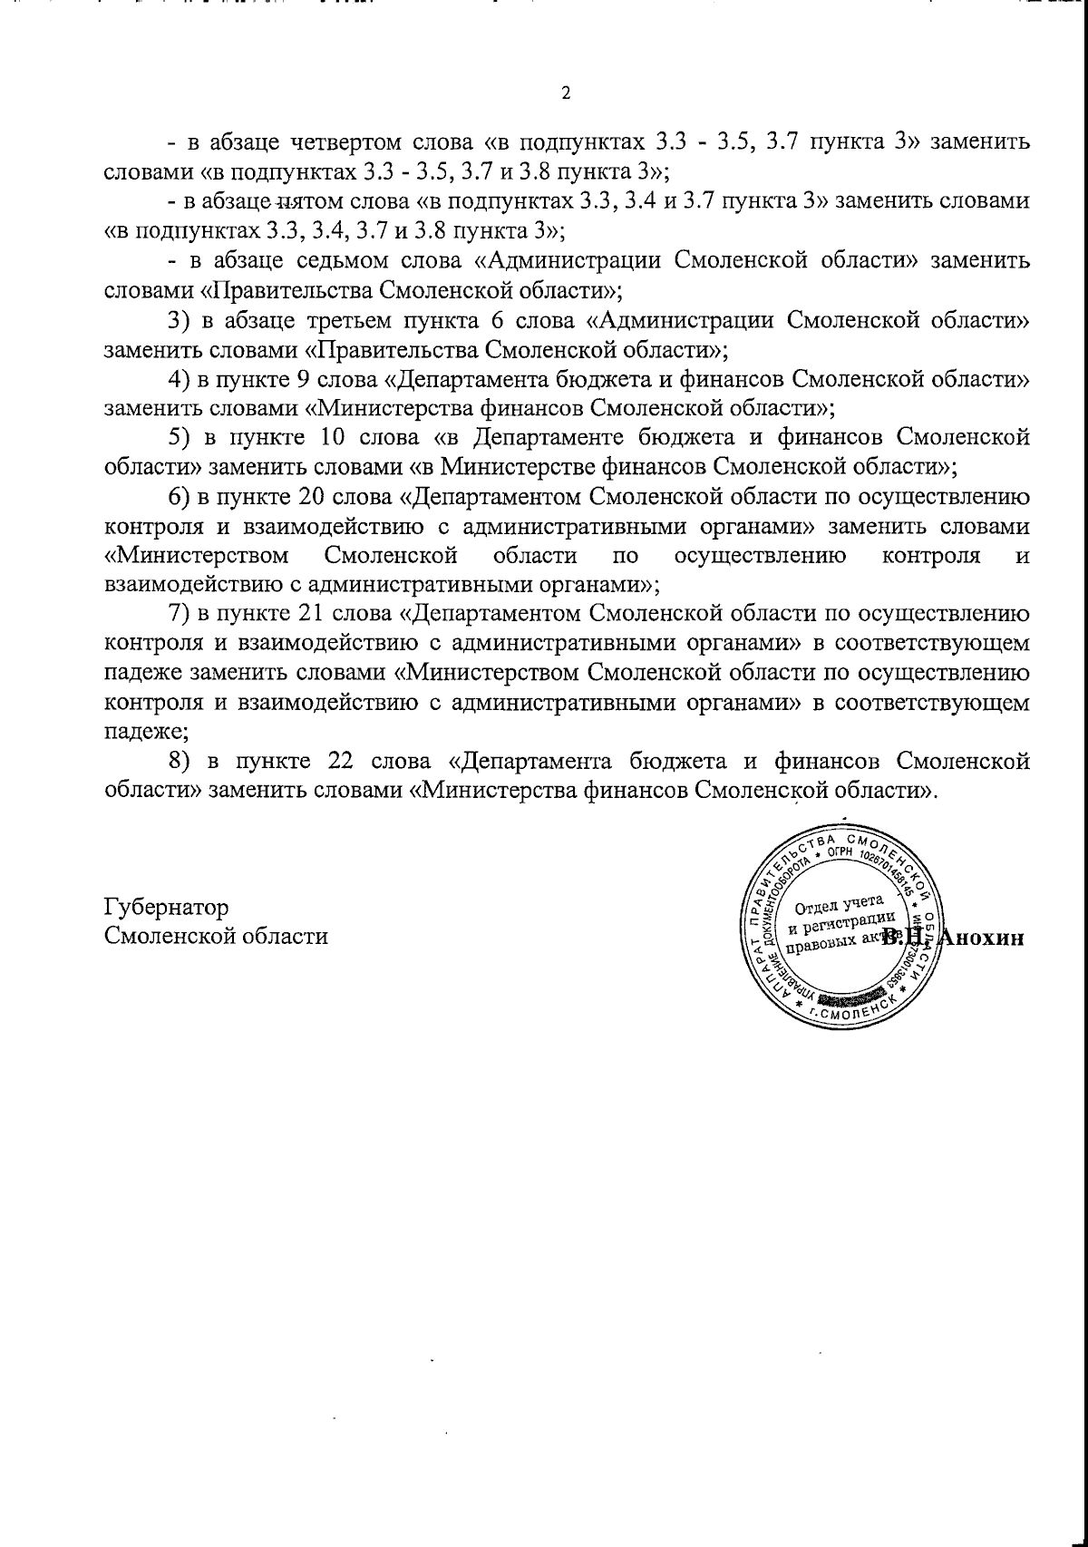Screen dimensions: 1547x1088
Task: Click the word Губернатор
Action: coord(166,906)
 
